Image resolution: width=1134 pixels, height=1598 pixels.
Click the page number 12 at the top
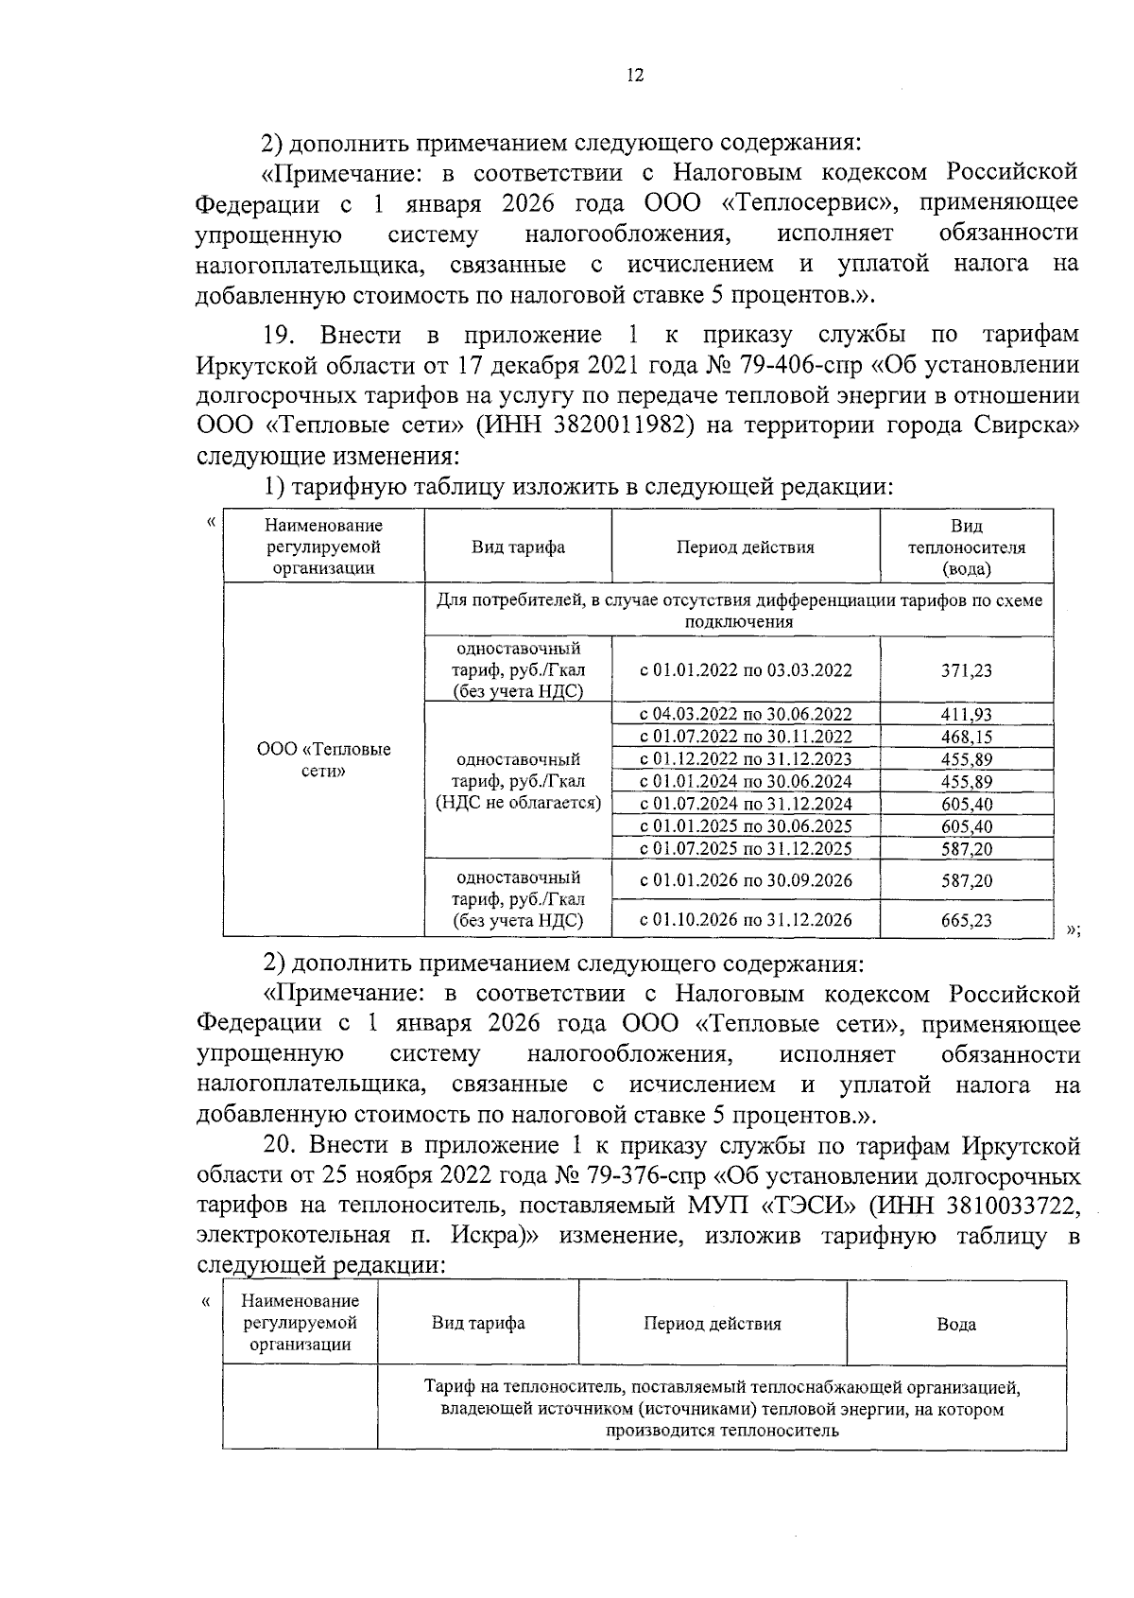point(635,77)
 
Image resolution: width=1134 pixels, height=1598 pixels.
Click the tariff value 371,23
point(967,670)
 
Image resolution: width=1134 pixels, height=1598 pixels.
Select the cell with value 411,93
point(967,715)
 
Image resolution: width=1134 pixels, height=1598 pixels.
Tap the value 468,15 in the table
point(967,737)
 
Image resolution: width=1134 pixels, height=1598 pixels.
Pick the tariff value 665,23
point(967,919)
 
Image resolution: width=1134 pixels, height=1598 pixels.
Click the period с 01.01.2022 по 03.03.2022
point(746,670)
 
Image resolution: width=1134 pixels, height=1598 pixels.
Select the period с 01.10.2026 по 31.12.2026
point(746,919)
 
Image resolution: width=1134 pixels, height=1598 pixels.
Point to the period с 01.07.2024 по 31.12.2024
point(746,804)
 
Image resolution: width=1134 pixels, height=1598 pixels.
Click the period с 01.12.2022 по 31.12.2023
point(746,759)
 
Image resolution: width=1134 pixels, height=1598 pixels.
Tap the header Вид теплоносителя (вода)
point(967,547)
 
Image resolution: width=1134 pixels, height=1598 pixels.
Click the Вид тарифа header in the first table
point(518,547)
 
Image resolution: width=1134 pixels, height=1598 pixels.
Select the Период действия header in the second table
point(713,1324)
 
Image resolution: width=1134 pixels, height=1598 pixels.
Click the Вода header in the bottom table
point(956,1325)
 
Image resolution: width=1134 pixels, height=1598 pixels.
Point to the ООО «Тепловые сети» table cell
point(324,759)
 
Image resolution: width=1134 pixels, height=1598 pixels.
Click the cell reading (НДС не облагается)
point(519,804)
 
